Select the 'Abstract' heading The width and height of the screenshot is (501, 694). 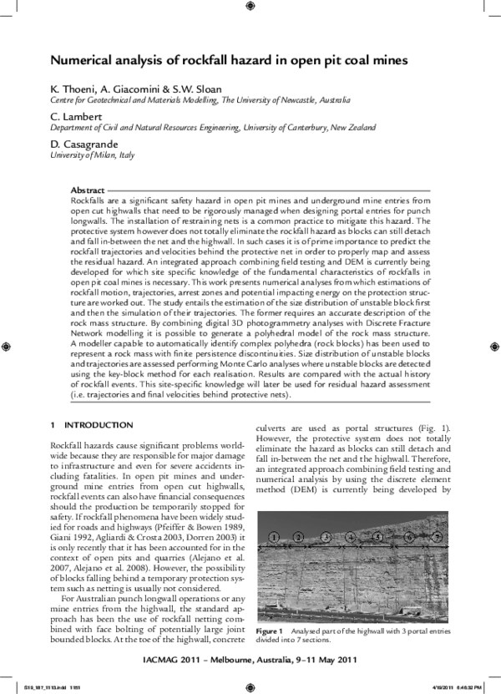[88, 191]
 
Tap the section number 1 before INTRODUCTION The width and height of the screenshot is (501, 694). [53, 425]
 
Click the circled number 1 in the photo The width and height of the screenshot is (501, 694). [275, 536]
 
